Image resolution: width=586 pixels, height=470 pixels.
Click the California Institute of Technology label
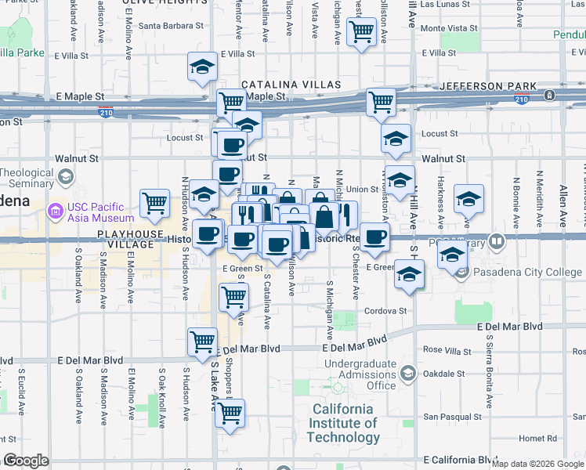pyautogui.click(x=343, y=423)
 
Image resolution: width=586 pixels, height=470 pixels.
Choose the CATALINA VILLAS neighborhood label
pyautogui.click(x=291, y=85)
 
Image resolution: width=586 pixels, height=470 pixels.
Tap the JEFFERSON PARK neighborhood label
pyautogui.click(x=488, y=86)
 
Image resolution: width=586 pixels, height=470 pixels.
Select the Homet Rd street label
pyautogui.click(x=536, y=438)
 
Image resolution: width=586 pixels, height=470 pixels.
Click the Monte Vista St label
pyautogui.click(x=449, y=28)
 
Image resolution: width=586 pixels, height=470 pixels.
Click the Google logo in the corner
pyautogui.click(x=26, y=461)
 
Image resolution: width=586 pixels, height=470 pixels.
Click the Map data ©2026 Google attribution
pyautogui.click(x=537, y=464)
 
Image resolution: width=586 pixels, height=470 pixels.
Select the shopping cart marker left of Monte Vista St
pyautogui.click(x=361, y=32)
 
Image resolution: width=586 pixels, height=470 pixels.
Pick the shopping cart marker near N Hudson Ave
pyautogui.click(x=155, y=202)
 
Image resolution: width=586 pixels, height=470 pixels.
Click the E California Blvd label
pyautogui.click(x=458, y=459)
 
